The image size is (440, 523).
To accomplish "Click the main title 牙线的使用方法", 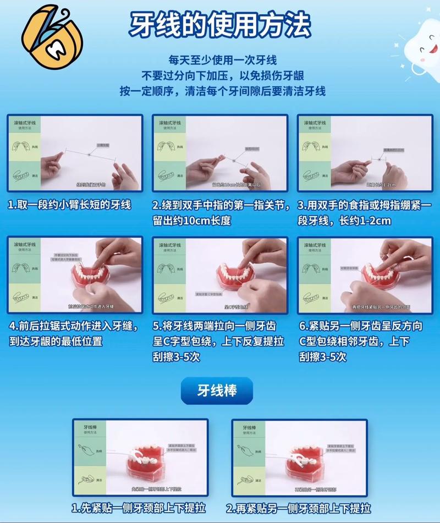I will [x=220, y=25].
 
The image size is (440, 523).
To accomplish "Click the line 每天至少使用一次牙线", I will [x=222, y=60].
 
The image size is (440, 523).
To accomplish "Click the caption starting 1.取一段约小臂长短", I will [x=69, y=205].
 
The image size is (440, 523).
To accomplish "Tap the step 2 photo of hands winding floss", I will [x=220, y=153].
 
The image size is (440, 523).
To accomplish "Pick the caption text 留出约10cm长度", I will [x=191, y=221].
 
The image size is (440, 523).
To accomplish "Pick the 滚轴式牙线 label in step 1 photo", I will [x=24, y=123].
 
